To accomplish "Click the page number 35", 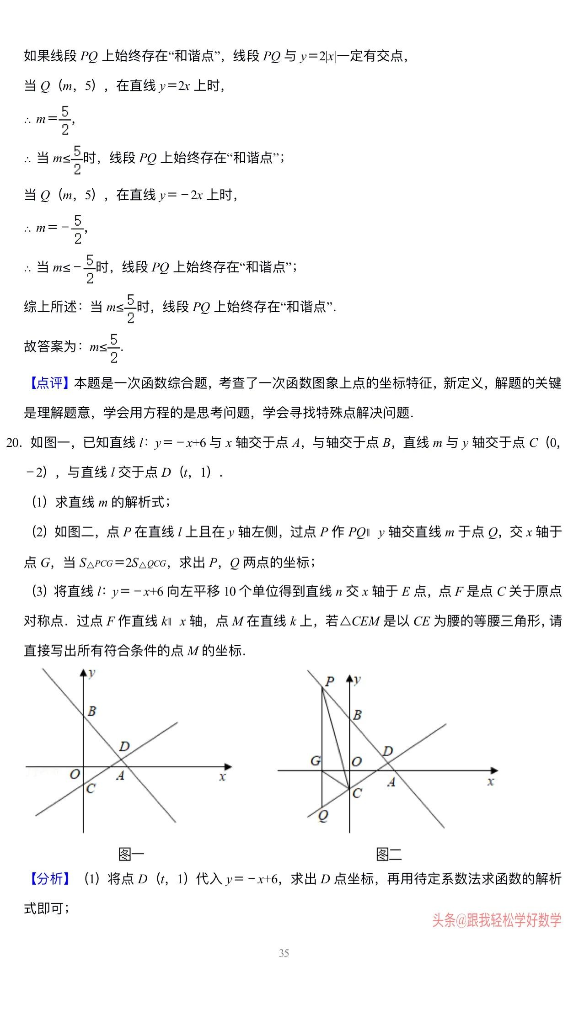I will [284, 953].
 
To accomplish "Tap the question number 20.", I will [14, 442].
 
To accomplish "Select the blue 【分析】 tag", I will [50, 878].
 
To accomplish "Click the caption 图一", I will [131, 854].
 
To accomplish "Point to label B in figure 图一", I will [92, 711].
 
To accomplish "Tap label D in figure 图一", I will [124, 747].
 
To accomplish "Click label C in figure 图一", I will [91, 789].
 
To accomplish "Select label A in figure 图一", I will [120, 775].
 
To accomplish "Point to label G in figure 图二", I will [315, 761].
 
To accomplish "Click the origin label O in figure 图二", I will [357, 761].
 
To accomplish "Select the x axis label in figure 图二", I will [491, 781].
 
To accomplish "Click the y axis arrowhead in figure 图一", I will [83, 672].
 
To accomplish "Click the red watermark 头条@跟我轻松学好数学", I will [497, 920].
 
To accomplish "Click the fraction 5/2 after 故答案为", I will [114, 348].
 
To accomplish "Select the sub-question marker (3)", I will [39, 591].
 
